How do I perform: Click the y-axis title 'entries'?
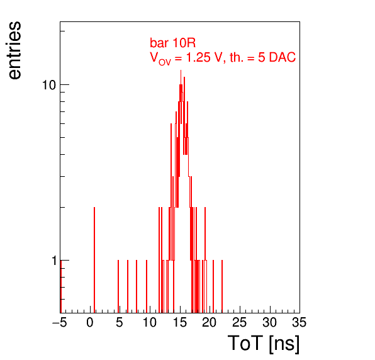pos(15,50)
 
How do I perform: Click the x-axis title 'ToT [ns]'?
pos(264,344)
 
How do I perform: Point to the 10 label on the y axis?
pos(49,85)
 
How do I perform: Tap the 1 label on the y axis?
pos(54,261)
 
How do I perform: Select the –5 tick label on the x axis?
pos(60,323)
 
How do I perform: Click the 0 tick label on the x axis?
pos(90,323)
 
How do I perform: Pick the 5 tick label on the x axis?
pos(120,323)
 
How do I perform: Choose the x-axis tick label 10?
pos(150,323)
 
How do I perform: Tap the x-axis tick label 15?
pos(180,323)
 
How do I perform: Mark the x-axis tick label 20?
pos(210,323)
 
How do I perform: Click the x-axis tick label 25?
pos(240,323)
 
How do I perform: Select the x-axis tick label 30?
pos(270,323)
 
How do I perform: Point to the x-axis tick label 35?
pos(299,323)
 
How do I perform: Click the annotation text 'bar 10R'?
pos(172,43)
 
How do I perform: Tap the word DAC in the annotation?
pos(283,57)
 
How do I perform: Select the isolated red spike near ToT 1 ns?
pos(94,260)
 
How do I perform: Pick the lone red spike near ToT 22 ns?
pos(222,286)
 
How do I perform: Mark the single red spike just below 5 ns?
pos(118,286)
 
